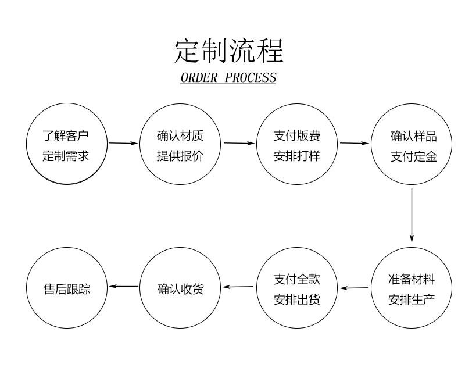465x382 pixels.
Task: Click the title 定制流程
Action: pos(228,51)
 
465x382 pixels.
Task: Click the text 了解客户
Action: pos(66,137)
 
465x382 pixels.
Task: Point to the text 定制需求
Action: pos(66,156)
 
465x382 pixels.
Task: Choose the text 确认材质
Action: pos(180,137)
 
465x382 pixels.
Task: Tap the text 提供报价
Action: pos(180,156)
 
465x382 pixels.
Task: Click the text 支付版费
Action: pos(296,137)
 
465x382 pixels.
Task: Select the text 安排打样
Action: pos(296,156)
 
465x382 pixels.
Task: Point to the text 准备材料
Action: pos(412,280)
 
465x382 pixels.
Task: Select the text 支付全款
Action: pos(296,280)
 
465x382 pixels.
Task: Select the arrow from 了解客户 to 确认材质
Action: pos(123,142)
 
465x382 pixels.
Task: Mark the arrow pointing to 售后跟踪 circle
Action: pos(124,286)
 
